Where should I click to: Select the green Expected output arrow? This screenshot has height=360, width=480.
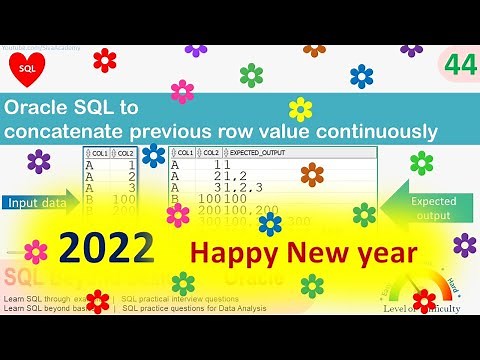tap(430, 208)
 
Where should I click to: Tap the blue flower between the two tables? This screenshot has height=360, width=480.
tap(153, 155)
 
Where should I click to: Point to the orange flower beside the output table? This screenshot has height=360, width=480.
tap(312, 175)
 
